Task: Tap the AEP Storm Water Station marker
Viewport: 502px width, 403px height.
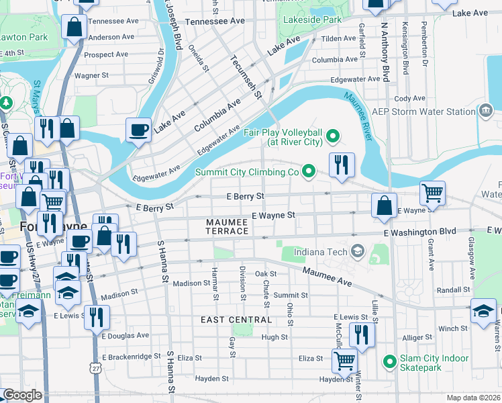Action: tap(485, 110)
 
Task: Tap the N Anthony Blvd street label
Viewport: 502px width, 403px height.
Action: tap(385, 50)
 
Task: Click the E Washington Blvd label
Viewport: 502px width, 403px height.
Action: tap(421, 232)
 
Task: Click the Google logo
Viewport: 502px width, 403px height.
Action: tap(21, 395)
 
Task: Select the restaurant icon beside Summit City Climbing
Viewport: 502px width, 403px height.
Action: tap(342, 165)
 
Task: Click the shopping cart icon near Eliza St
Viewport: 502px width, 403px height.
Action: tap(344, 360)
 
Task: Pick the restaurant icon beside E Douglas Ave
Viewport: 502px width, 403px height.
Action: tap(97, 316)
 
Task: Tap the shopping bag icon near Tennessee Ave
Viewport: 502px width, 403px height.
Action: tap(73, 27)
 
